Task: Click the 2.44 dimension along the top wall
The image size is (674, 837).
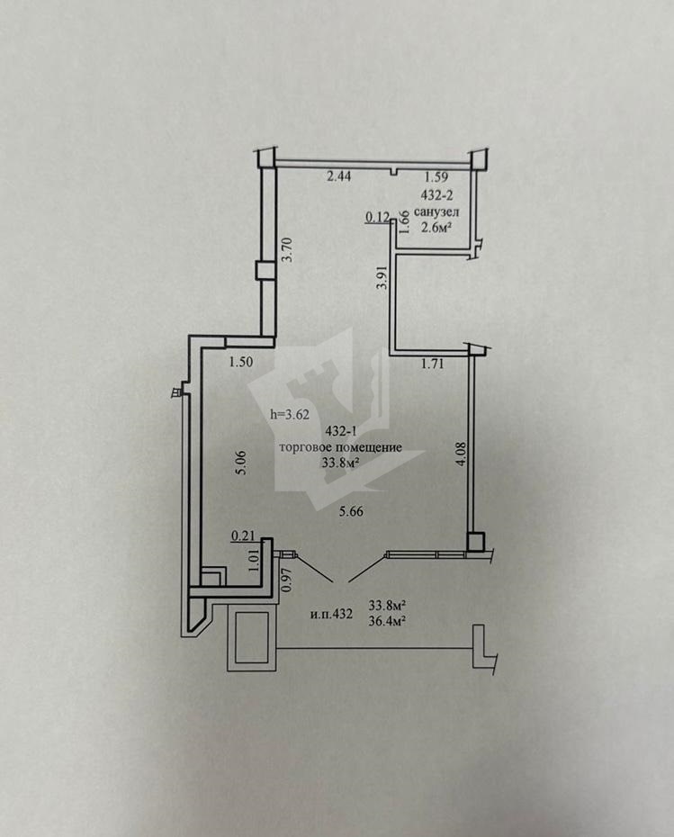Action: tap(338, 176)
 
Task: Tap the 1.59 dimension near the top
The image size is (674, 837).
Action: tap(436, 176)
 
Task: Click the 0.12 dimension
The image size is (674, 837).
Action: tap(376, 216)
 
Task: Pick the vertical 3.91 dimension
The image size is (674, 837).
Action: tap(381, 276)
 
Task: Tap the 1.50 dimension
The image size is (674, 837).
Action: tap(239, 363)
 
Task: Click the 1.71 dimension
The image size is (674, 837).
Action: tap(435, 364)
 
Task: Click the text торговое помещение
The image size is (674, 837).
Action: tap(339, 448)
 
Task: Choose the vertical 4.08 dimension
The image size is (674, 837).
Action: tap(460, 451)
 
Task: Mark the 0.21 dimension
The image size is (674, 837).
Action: tap(240, 536)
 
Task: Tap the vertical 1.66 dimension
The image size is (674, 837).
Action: tap(405, 221)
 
